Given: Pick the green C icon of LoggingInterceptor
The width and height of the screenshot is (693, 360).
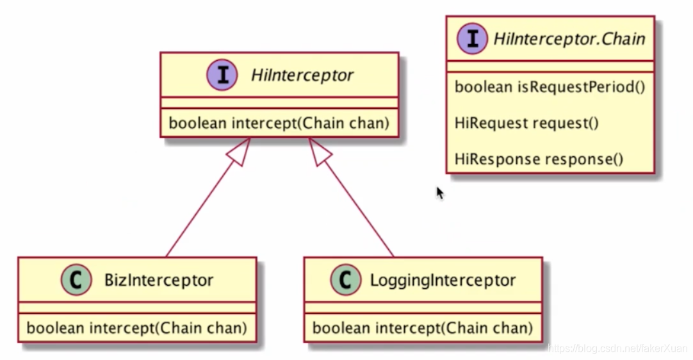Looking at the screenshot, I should (x=345, y=280).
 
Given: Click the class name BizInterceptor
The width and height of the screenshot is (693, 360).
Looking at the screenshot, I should (x=158, y=280).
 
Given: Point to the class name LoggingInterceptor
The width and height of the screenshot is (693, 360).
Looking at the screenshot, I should (x=443, y=280).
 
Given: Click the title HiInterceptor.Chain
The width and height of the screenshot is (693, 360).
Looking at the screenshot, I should (x=569, y=39).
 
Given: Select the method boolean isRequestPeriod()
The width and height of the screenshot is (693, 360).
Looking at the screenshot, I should (x=550, y=86).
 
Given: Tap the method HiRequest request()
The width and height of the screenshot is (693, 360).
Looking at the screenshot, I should (x=526, y=122).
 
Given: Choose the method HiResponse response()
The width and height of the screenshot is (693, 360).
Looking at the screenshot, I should (x=539, y=158).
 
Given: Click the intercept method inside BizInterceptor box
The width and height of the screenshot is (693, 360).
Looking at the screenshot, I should (x=137, y=328).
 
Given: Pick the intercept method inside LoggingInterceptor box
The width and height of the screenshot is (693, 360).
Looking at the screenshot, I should (x=423, y=328).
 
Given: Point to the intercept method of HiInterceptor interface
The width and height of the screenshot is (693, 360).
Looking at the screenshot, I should (x=279, y=123).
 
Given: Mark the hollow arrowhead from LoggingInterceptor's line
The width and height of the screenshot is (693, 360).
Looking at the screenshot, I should (x=321, y=152).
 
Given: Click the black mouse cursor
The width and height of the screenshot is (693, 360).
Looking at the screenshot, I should (x=440, y=193).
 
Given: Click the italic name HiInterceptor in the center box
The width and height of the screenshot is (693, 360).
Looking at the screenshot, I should (x=302, y=76).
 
